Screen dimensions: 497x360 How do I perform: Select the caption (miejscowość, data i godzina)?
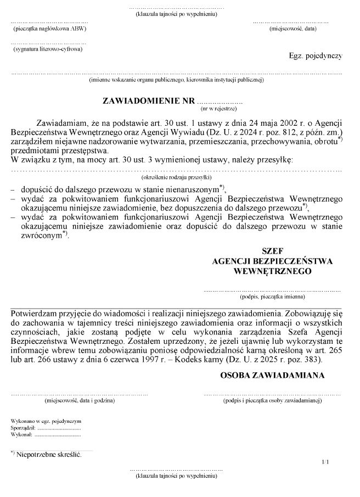(80, 401)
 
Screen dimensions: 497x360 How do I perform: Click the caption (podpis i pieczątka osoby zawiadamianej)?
(272, 401)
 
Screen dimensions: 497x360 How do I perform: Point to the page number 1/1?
(326, 463)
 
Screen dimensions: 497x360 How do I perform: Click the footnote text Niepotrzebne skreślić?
(49, 455)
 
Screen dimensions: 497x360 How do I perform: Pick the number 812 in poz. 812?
(286, 132)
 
